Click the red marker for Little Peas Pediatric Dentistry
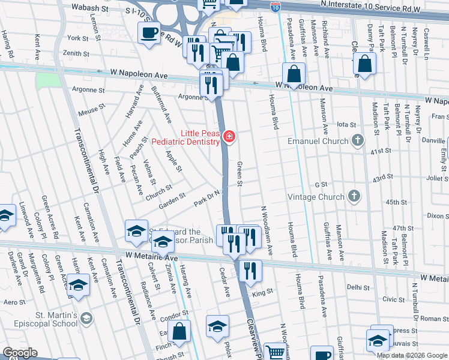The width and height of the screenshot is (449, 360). [x=228, y=137]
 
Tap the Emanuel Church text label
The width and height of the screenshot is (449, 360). [x=318, y=141]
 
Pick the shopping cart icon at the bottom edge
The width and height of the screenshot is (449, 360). [x=276, y=352]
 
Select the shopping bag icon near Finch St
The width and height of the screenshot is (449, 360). [x=179, y=331]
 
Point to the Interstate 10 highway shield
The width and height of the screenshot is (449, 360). [x=275, y=7]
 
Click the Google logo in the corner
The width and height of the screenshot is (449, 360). [x=20, y=353]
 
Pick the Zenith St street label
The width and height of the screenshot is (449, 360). [x=76, y=53]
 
